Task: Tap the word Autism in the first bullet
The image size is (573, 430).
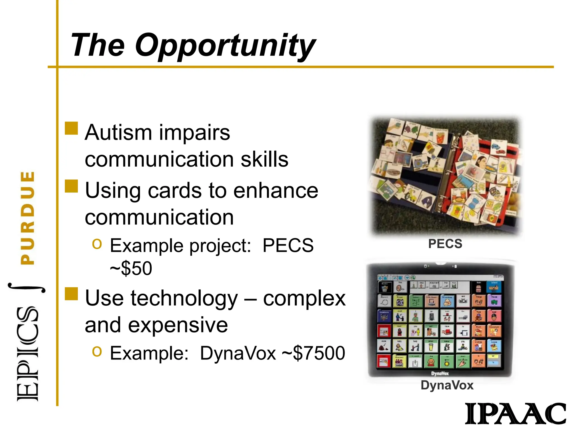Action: pyautogui.click(x=118, y=132)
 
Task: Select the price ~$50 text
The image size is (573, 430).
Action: pyautogui.click(x=131, y=268)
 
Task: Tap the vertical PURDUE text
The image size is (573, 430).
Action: pyautogui.click(x=28, y=218)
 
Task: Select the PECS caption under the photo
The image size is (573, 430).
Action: pyautogui.click(x=445, y=244)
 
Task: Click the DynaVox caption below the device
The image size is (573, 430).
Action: pyautogui.click(x=447, y=385)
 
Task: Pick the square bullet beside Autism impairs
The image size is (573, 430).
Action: pyautogui.click(x=71, y=128)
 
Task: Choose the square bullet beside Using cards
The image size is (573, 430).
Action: pyautogui.click(x=71, y=186)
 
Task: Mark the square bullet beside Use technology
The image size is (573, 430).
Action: pyautogui.click(x=71, y=294)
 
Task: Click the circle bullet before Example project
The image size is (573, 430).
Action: pyautogui.click(x=97, y=244)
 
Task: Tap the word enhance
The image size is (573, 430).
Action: pyautogui.click(x=276, y=190)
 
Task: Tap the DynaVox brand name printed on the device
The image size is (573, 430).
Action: pyautogui.click(x=440, y=373)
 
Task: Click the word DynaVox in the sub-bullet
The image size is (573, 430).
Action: pyautogui.click(x=238, y=353)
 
